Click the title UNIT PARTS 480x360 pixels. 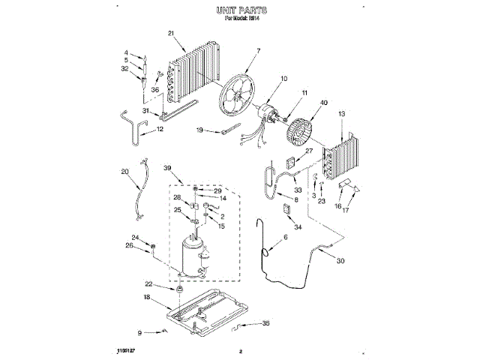pyautogui.click(x=241, y=11)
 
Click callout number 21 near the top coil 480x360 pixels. pyautogui.click(x=171, y=33)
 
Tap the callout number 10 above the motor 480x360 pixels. pyautogui.click(x=283, y=79)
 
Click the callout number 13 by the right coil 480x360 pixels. pyautogui.click(x=342, y=113)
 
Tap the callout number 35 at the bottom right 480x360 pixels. pyautogui.click(x=265, y=324)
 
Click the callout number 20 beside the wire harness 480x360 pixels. pyautogui.click(x=124, y=171)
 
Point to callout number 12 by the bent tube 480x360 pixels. pyautogui.click(x=160, y=129)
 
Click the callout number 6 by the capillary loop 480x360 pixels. pyautogui.click(x=285, y=238)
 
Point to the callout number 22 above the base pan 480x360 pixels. pyautogui.click(x=148, y=283)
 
